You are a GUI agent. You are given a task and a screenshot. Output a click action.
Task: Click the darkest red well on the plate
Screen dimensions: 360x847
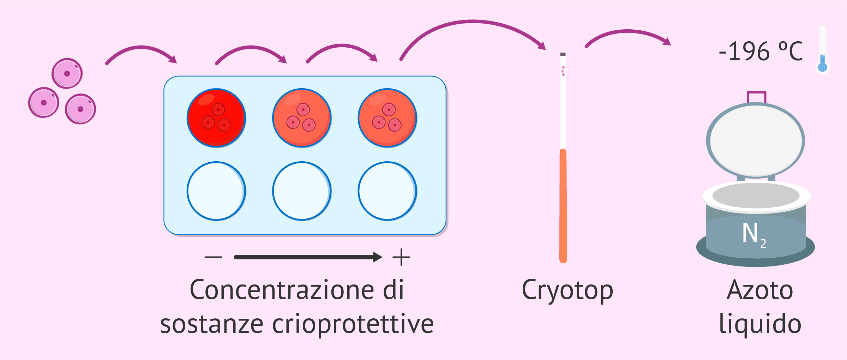click(216, 118)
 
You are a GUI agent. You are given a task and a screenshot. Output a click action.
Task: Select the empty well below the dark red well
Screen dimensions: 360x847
click(216, 191)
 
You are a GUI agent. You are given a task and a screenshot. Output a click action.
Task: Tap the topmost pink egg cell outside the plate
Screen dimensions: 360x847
click(67, 73)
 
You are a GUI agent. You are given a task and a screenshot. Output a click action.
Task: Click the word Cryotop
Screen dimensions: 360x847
click(567, 290)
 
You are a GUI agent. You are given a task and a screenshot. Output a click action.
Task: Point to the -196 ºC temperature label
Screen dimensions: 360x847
click(761, 52)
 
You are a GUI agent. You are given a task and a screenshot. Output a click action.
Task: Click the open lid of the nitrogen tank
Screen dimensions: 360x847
click(756, 140)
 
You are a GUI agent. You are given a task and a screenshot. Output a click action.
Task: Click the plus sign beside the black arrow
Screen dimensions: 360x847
click(401, 257)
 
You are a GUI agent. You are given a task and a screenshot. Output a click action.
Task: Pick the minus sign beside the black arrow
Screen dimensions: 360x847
click(213, 257)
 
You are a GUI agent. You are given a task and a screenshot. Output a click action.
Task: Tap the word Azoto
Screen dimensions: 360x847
click(760, 290)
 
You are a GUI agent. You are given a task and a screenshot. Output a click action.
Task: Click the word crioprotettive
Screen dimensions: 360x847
click(353, 324)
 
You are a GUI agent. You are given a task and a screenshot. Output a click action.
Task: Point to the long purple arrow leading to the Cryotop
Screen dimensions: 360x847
click(473, 23)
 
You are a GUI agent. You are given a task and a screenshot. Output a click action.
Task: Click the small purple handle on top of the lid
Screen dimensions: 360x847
click(756, 97)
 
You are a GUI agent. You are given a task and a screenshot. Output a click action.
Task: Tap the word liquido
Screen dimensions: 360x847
click(760, 324)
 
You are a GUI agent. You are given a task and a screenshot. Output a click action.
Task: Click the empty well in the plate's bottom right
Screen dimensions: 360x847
click(387, 191)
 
